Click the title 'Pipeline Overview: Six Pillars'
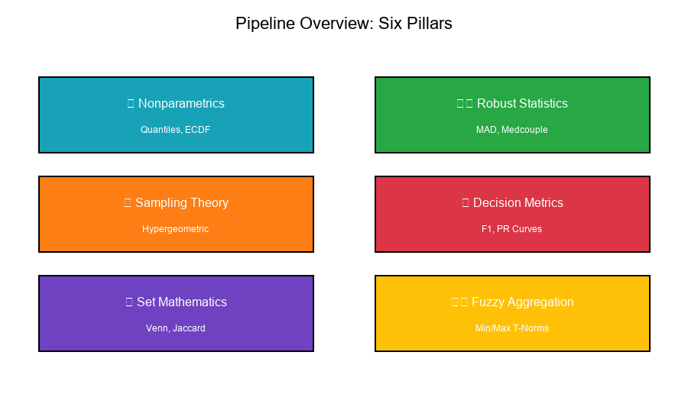pyautogui.click(x=344, y=24)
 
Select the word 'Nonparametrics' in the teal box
pyautogui.click(x=181, y=104)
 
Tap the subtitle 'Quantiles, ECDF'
pyautogui.click(x=175, y=130)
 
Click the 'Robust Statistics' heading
pyautogui.click(x=522, y=104)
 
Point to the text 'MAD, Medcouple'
pyautogui.click(x=511, y=130)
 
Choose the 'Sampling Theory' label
pyautogui.click(x=182, y=203)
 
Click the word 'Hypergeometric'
pyautogui.click(x=175, y=229)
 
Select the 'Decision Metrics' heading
pyautogui.click(x=518, y=203)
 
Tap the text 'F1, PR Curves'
pyautogui.click(x=511, y=229)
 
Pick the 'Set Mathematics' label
pyautogui.click(x=182, y=302)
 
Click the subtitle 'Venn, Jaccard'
pyautogui.click(x=175, y=328)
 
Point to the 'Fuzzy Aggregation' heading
pyautogui.click(x=523, y=302)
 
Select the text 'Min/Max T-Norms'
pyautogui.click(x=511, y=328)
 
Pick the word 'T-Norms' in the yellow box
pyautogui.click(x=531, y=328)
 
